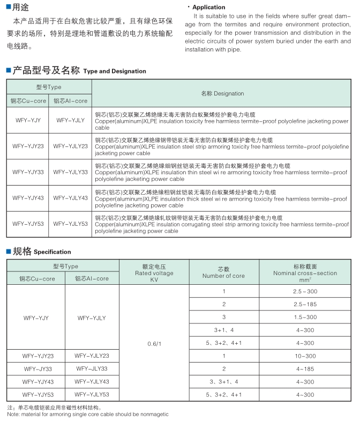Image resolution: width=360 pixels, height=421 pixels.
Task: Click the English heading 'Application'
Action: click(208, 8)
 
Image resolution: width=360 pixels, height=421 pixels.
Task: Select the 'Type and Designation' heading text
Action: click(115, 71)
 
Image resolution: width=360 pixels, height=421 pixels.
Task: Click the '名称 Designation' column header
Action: click(222, 93)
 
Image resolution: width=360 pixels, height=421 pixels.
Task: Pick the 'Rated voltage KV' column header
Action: click(154, 273)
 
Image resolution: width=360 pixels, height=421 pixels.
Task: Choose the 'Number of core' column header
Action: click(223, 273)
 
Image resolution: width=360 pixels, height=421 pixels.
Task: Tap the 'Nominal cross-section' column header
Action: click(305, 273)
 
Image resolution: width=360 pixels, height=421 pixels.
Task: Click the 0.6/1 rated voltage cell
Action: click(154, 343)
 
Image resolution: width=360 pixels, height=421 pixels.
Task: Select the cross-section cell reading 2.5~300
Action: click(305, 291)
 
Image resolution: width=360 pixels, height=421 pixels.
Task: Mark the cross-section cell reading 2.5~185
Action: click(305, 305)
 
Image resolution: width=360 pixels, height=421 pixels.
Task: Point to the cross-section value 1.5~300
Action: click(305, 317)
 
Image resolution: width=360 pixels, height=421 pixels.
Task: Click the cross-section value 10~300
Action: click(305, 356)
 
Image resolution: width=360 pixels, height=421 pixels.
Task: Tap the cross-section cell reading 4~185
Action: click(305, 369)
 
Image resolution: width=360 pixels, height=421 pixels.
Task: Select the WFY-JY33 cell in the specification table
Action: click(36, 369)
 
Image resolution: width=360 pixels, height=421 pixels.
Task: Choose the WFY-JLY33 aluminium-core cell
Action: click(92, 369)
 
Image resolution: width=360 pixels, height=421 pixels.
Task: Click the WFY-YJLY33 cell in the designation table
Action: click(70, 172)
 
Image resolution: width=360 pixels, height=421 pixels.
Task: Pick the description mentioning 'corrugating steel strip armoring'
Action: click(222, 225)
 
